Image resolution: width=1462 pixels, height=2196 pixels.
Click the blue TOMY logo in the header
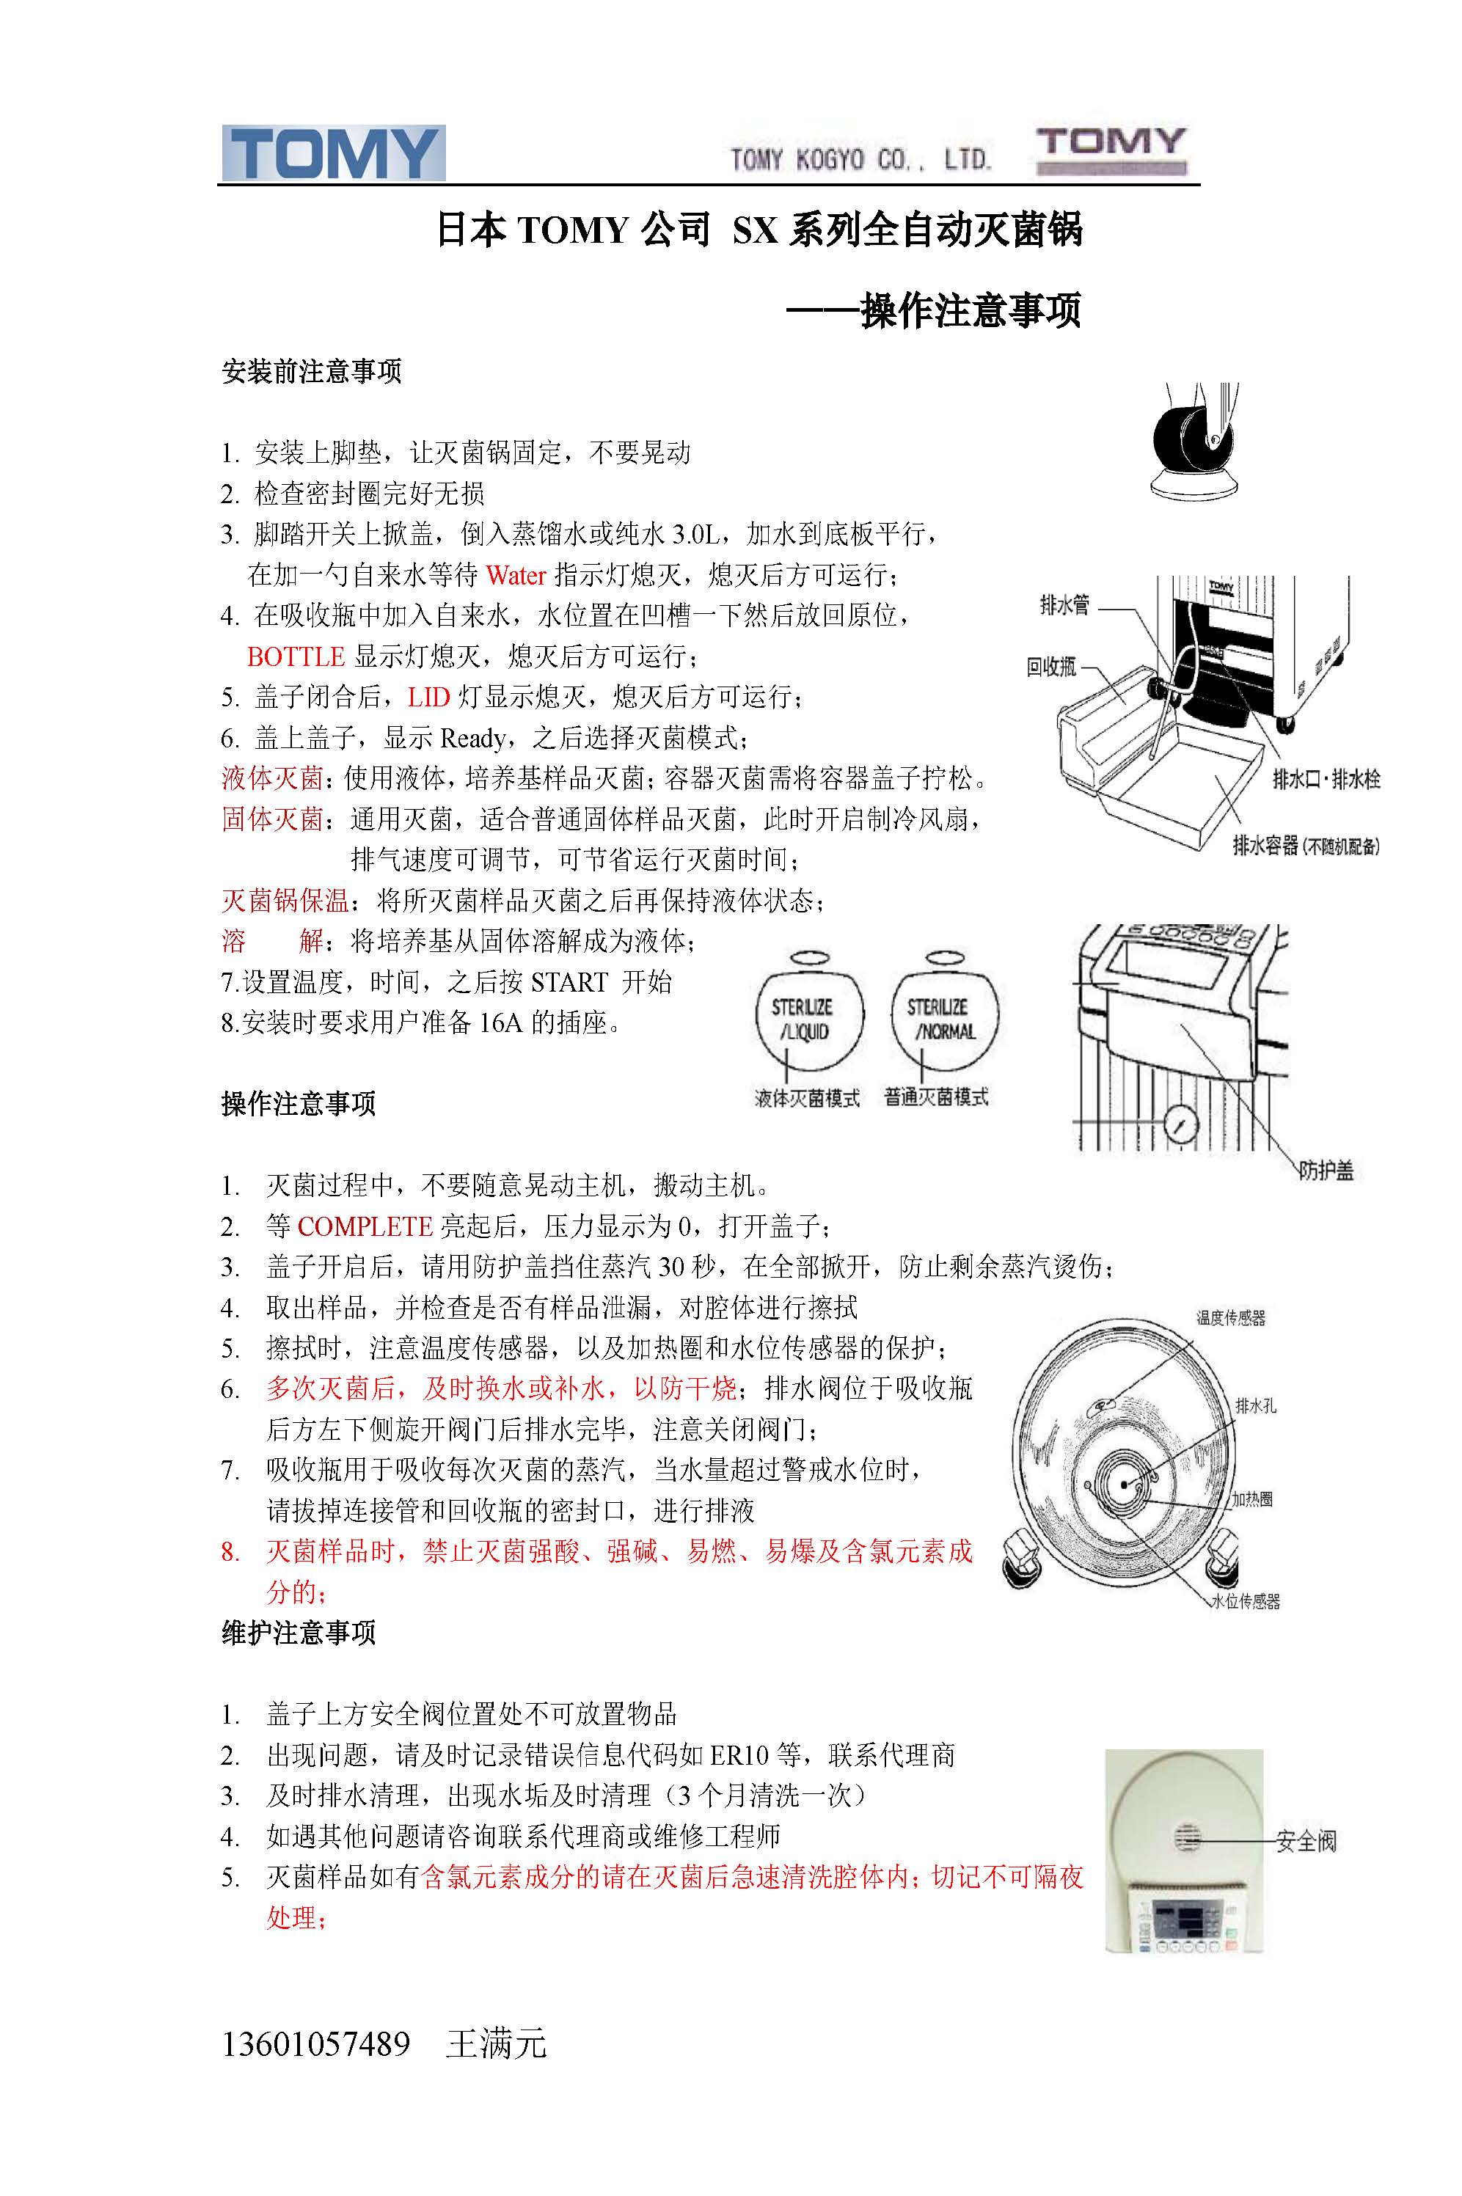[333, 153]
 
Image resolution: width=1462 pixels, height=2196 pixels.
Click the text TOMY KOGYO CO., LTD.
[860, 159]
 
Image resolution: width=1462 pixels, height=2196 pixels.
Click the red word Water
[516, 575]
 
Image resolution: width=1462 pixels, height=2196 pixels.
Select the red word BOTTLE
[296, 656]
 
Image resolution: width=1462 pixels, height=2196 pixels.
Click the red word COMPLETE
[365, 1226]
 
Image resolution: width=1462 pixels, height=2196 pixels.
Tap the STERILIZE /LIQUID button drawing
[808, 1013]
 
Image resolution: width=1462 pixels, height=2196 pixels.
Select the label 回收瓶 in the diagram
[1050, 667]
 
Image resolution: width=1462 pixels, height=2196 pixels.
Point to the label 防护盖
[1325, 1171]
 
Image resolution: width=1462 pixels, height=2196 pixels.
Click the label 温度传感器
[1231, 1318]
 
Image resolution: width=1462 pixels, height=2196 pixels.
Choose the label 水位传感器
[1246, 1600]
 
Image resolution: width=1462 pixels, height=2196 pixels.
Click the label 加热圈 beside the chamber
[1252, 1498]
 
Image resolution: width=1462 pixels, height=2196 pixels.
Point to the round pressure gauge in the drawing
[1181, 1125]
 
